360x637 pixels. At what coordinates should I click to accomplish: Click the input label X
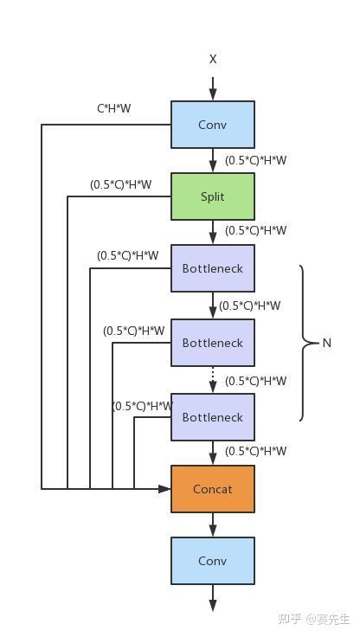point(213,60)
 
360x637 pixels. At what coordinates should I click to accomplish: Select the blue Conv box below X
point(213,125)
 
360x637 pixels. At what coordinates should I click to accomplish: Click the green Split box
point(213,196)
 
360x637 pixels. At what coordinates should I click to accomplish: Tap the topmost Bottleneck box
point(213,268)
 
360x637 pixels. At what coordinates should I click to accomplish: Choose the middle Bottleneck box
point(213,343)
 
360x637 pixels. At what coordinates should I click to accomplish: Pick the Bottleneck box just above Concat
point(213,417)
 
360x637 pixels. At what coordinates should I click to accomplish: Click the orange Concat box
point(213,489)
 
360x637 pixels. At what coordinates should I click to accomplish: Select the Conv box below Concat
point(213,561)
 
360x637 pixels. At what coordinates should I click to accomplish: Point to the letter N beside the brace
point(326,343)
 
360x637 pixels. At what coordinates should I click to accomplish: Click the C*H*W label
point(114,108)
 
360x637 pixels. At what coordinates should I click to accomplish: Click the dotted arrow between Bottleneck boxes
point(213,380)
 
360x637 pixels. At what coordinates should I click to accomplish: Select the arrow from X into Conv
point(213,88)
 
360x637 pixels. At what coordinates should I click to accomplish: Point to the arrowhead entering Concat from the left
point(164,489)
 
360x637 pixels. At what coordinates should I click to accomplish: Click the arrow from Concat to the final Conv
point(213,524)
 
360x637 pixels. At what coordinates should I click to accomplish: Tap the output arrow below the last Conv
point(213,598)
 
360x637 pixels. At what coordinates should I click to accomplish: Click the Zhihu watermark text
point(313,619)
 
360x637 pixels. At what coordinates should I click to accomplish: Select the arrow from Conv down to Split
point(213,160)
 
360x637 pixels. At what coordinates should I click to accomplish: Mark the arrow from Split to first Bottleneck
point(213,232)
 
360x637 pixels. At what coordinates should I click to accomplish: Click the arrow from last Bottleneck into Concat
point(213,453)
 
